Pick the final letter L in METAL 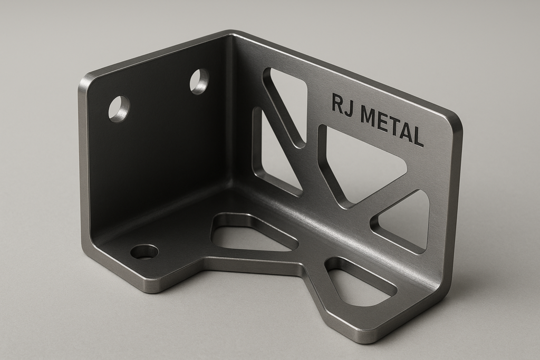pos(418,138)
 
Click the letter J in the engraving pos(349,106)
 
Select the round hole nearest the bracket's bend pos(199,81)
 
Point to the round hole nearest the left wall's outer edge pos(119,108)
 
